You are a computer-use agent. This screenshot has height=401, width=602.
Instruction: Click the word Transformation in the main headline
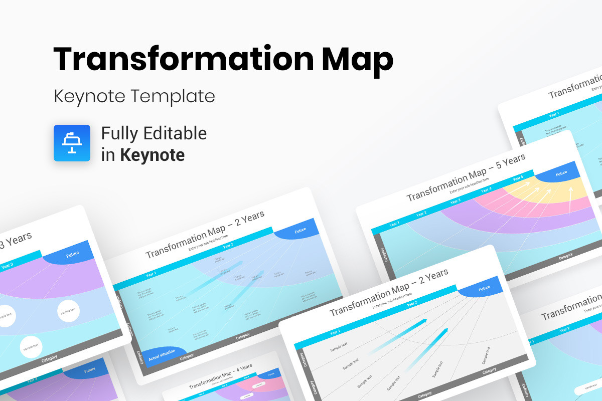coord(183,59)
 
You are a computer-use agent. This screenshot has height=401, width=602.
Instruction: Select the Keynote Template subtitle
coord(134,96)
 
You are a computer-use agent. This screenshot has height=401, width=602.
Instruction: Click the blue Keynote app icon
coord(72,143)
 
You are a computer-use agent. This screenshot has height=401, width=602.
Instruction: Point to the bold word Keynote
coord(152,155)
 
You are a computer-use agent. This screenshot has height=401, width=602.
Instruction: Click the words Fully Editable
coord(154,133)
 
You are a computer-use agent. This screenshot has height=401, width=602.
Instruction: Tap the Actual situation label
coord(162,353)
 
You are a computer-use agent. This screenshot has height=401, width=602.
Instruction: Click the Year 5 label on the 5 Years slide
coord(518,178)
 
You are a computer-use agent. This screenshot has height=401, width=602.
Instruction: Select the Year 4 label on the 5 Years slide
coord(486,190)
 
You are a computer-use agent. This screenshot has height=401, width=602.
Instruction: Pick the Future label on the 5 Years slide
coord(561,173)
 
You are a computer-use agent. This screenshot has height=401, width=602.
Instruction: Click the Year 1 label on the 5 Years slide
coord(394,224)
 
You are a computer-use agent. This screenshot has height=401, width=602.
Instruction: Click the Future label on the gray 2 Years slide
coord(484,289)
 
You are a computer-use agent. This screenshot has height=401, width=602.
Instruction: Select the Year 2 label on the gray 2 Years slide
coord(411,304)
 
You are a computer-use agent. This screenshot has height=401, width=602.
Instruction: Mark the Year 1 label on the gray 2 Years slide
coord(335,332)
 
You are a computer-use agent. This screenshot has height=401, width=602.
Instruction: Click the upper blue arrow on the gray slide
coord(399,335)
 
